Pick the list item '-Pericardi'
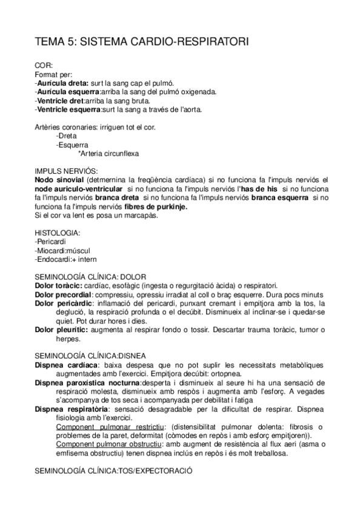pyautogui.click(x=52, y=242)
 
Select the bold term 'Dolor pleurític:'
pyautogui.click(x=62, y=330)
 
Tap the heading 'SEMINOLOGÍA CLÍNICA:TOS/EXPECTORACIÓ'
pyautogui.click(x=114, y=471)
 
